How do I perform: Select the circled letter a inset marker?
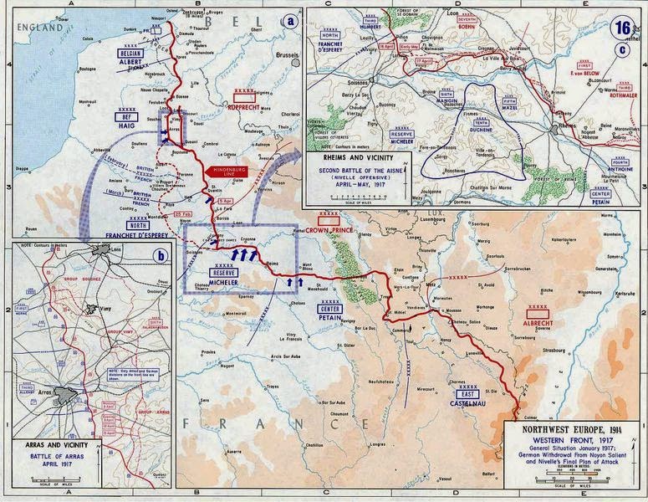click(x=291, y=20)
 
